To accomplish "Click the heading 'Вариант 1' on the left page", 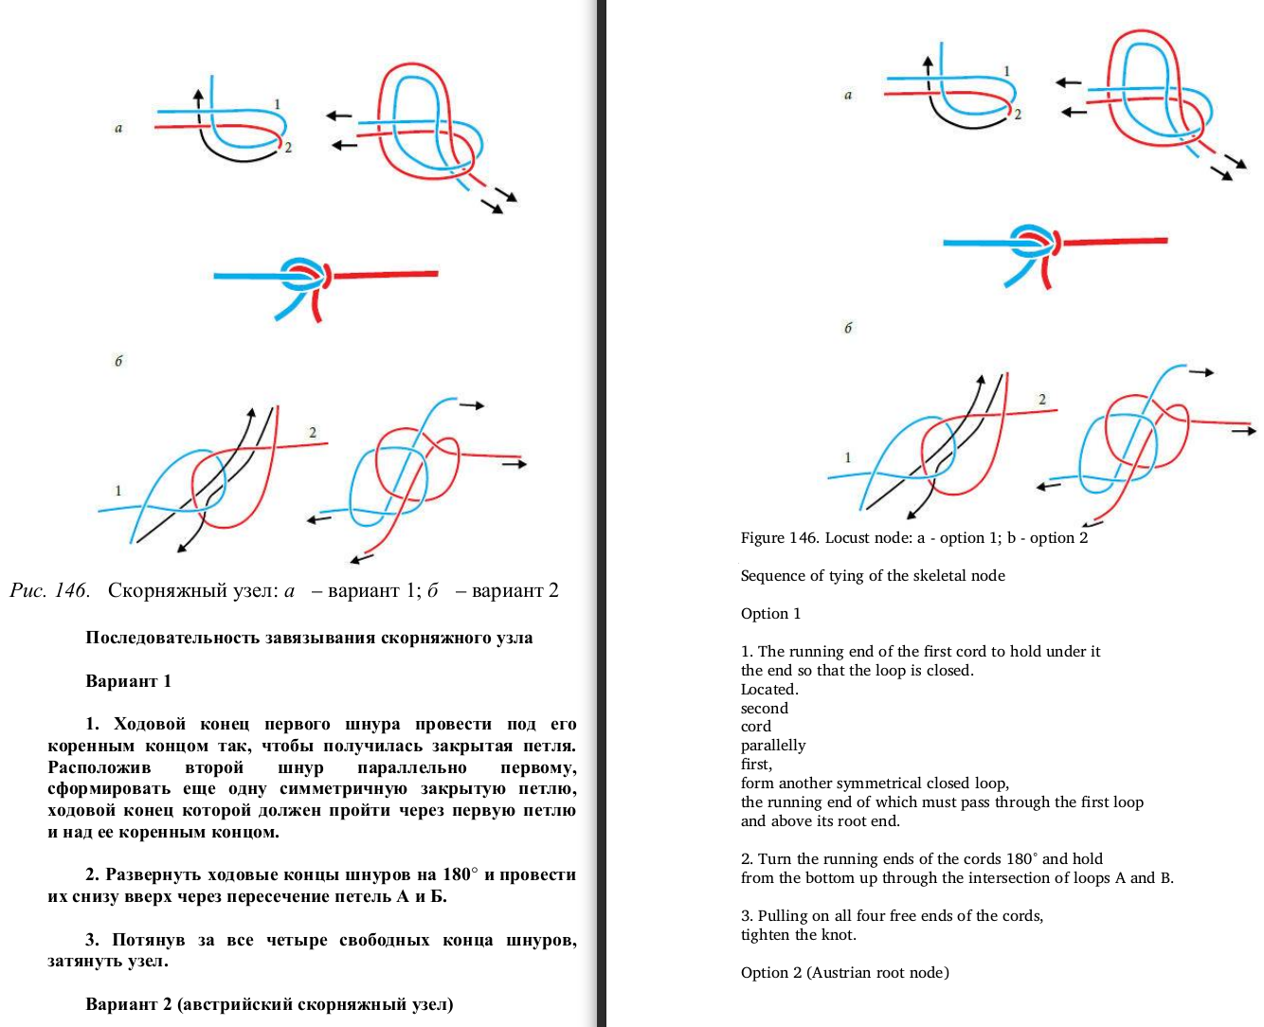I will click(128, 681).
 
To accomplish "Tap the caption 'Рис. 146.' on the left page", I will click(49, 591).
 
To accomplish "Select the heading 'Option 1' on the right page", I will click(770, 613).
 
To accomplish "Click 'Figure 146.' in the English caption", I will click(779, 537).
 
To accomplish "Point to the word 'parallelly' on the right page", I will click(773, 746).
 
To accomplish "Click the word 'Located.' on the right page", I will click(769, 689).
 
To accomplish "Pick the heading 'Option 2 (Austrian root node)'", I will click(844, 972).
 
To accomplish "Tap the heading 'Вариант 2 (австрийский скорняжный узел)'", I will click(269, 1004).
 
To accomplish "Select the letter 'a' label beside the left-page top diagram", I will click(118, 128).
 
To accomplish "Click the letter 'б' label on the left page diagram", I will click(118, 361).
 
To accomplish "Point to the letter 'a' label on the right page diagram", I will click(848, 95).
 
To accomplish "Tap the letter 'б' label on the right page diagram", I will click(848, 328).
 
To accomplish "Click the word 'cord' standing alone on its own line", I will click(756, 727).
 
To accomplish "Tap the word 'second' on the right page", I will click(765, 708).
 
